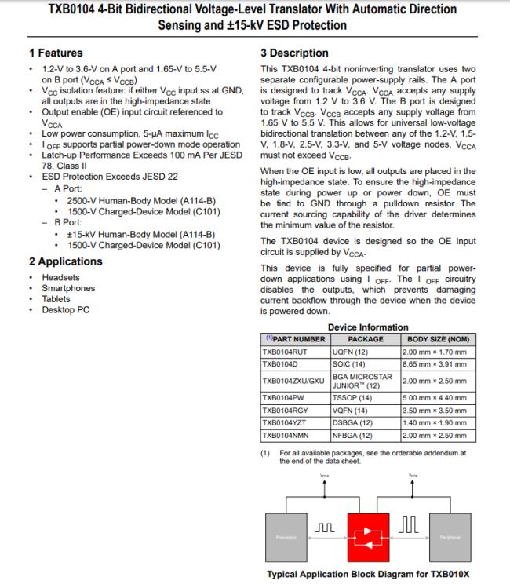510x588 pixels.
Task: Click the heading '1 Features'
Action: click(x=56, y=53)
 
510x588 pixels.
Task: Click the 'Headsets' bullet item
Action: click(x=60, y=277)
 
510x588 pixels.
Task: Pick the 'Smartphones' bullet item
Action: click(x=68, y=288)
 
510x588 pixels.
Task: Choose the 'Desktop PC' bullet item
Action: click(x=66, y=309)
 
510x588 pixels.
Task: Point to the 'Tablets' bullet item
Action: click(x=57, y=299)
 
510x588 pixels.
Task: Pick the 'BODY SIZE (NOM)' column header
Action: click(x=438, y=340)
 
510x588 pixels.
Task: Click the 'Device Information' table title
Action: click(x=367, y=327)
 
